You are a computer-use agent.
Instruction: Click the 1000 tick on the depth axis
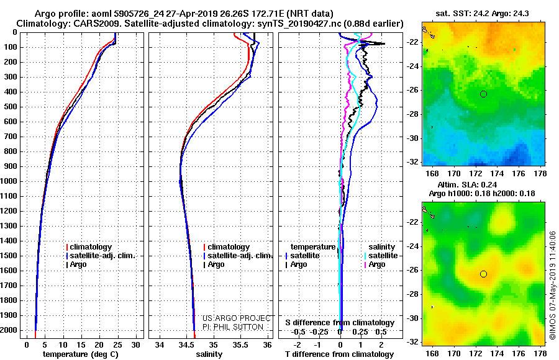tap(9, 181)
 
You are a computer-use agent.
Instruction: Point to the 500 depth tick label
tap(11, 107)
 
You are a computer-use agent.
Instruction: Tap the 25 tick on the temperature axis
tap(117, 345)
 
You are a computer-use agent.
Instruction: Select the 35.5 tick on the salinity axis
tap(240, 345)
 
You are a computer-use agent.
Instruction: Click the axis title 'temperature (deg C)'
tap(81, 354)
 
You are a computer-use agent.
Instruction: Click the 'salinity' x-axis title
tap(209, 354)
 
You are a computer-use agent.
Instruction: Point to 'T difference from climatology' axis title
tap(339, 354)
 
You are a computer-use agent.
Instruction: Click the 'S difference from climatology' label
tap(340, 323)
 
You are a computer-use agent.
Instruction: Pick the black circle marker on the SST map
tap(483, 94)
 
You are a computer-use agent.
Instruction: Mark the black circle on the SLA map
tap(483, 274)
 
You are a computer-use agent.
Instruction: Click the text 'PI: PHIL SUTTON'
tap(233, 327)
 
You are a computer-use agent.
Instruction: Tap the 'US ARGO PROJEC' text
tap(237, 318)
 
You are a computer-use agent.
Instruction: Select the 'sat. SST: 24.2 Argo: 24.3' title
tap(482, 14)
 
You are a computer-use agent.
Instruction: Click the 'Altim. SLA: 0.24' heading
tap(467, 184)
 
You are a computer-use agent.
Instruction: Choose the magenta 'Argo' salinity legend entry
tap(375, 264)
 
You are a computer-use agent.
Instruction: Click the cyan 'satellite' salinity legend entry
tap(381, 256)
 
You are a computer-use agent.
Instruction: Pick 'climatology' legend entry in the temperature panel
tap(89, 247)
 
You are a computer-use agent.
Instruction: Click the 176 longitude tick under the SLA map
tap(519, 353)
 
